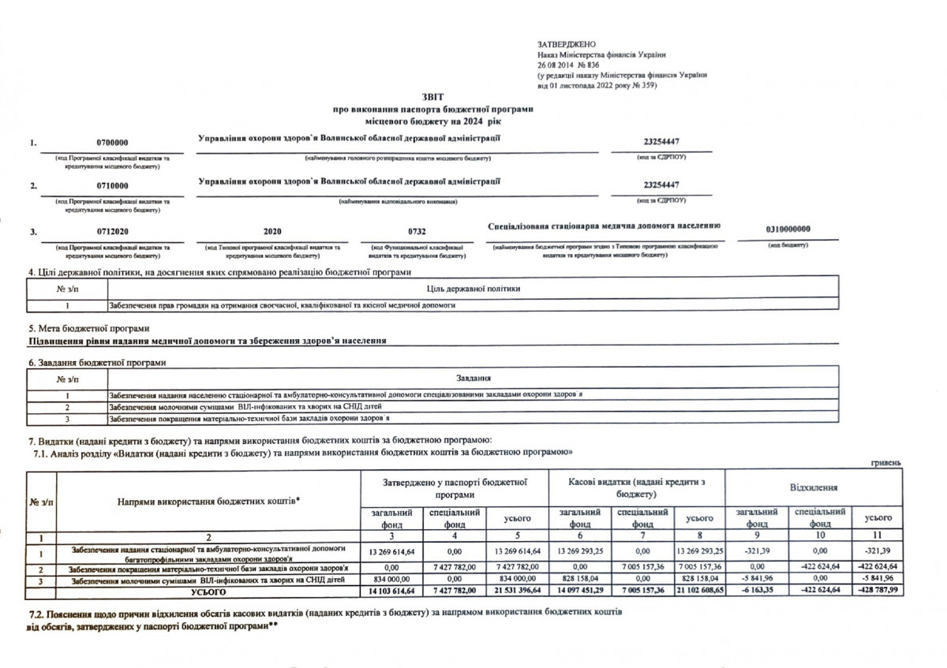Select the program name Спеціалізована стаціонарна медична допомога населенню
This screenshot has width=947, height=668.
pos(605,226)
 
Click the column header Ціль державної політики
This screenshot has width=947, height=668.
pos(473,289)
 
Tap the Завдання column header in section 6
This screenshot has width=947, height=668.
pos(473,379)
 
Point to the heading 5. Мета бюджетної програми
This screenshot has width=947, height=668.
pos(88,328)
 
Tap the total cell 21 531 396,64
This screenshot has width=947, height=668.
pos(516,590)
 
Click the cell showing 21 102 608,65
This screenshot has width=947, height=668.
pos(698,590)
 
